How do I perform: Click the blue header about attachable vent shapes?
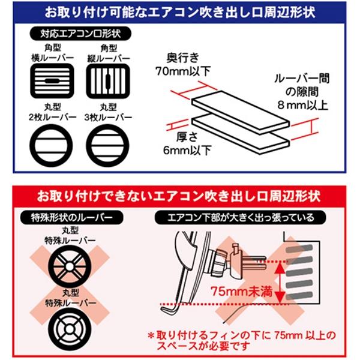click(x=180, y=11)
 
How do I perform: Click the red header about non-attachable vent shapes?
click(x=180, y=196)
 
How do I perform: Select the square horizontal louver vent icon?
click(x=50, y=80)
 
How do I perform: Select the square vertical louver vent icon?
click(x=107, y=80)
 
